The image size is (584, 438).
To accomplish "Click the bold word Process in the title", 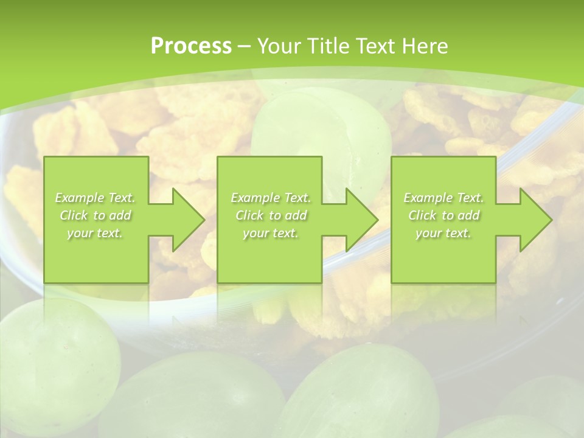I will click(191, 46).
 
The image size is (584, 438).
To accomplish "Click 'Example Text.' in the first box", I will click(95, 198).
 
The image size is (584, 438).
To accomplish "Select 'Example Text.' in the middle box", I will click(271, 198).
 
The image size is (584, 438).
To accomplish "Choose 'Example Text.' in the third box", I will click(443, 198).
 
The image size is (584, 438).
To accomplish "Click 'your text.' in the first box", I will click(95, 233).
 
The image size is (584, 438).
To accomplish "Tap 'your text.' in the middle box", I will click(271, 233).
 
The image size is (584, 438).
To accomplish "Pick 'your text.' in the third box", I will click(443, 233).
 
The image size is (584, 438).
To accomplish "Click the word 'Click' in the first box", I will click(74, 215).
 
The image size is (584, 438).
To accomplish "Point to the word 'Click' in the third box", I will click(422, 215).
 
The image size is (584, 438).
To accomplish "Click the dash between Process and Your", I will click(244, 46).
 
